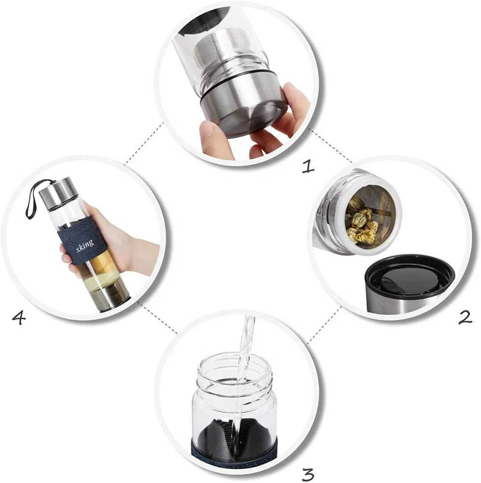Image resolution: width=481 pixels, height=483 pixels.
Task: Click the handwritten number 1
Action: click(x=308, y=166)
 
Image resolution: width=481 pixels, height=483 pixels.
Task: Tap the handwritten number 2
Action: click(x=465, y=317)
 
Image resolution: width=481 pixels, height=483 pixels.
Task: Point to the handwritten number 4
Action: click(x=18, y=318)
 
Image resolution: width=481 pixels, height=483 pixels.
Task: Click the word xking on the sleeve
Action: click(x=84, y=246)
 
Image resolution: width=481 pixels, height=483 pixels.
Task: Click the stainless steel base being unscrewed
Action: click(x=243, y=108)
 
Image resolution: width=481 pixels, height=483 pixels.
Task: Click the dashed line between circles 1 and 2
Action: click(x=330, y=145)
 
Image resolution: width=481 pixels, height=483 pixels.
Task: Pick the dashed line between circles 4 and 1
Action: click(x=143, y=143)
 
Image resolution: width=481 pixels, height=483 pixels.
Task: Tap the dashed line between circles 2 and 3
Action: click(x=324, y=325)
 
